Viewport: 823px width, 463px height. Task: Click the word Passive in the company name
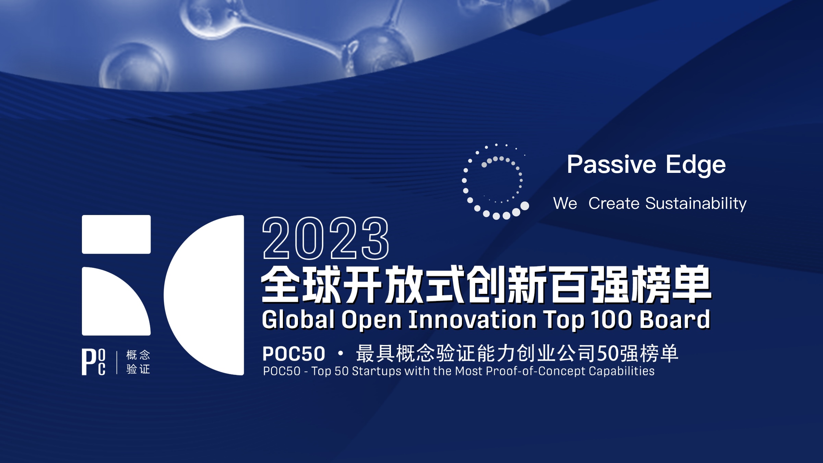[x=611, y=164]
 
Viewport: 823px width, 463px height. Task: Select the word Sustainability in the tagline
[x=696, y=204]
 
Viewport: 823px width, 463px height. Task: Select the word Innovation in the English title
[x=473, y=320]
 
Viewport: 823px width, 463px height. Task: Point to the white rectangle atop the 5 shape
[x=116, y=235]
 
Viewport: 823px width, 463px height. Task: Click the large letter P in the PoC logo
[x=88, y=362]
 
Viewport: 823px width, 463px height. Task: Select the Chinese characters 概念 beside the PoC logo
[x=138, y=355]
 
